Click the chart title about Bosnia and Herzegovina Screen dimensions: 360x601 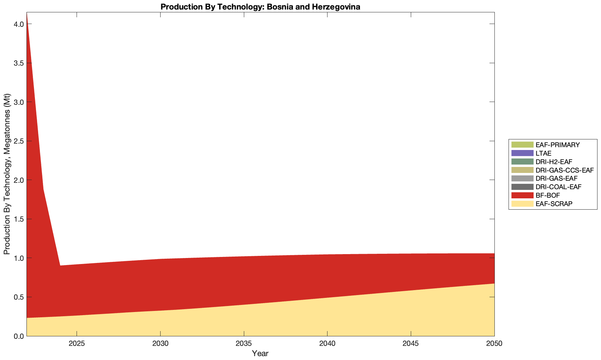(260, 7)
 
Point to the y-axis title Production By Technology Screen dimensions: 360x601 (7, 174)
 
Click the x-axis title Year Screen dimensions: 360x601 (260, 353)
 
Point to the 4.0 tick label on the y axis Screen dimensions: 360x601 (19, 24)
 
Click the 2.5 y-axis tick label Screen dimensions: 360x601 (19, 141)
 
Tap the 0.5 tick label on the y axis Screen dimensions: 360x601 (19, 297)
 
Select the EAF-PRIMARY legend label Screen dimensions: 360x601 (558, 145)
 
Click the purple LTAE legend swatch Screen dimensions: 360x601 (522, 153)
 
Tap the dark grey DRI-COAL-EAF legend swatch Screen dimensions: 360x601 (522, 187)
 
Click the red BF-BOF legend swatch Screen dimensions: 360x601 (522, 195)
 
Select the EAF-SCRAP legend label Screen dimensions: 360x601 (554, 204)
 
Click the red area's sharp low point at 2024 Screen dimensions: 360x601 (60, 266)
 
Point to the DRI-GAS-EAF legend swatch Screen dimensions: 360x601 (522, 179)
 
